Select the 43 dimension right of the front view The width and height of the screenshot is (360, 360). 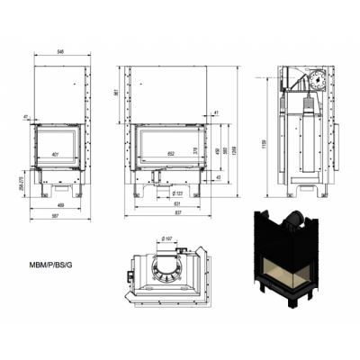[x=219, y=179]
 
